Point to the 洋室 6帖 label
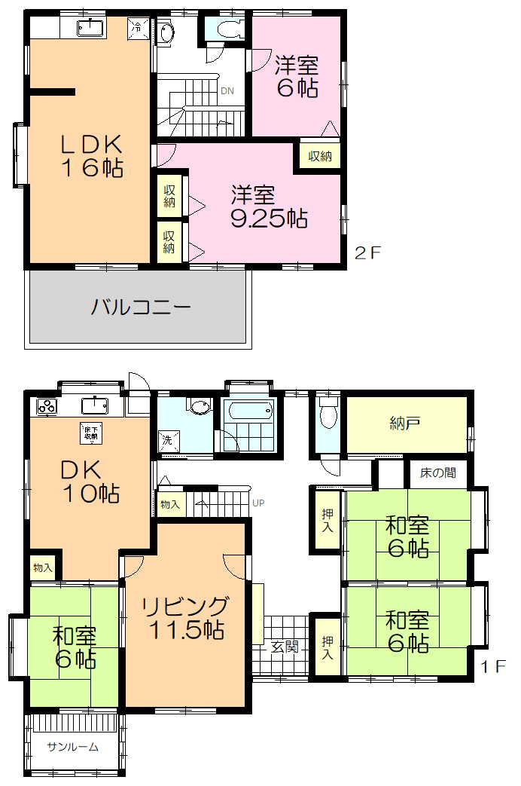pyautogui.click(x=296, y=75)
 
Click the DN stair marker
pyautogui.click(x=227, y=91)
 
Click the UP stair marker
pyautogui.click(x=258, y=503)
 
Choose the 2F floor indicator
pyautogui.click(x=369, y=252)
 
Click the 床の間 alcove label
pyautogui.click(x=437, y=474)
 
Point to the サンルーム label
pyautogui.click(x=72, y=747)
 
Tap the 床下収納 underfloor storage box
pyautogui.click(x=90, y=433)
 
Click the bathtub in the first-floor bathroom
pyautogui.click(x=248, y=411)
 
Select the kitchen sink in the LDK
pyautogui.click(x=91, y=29)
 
